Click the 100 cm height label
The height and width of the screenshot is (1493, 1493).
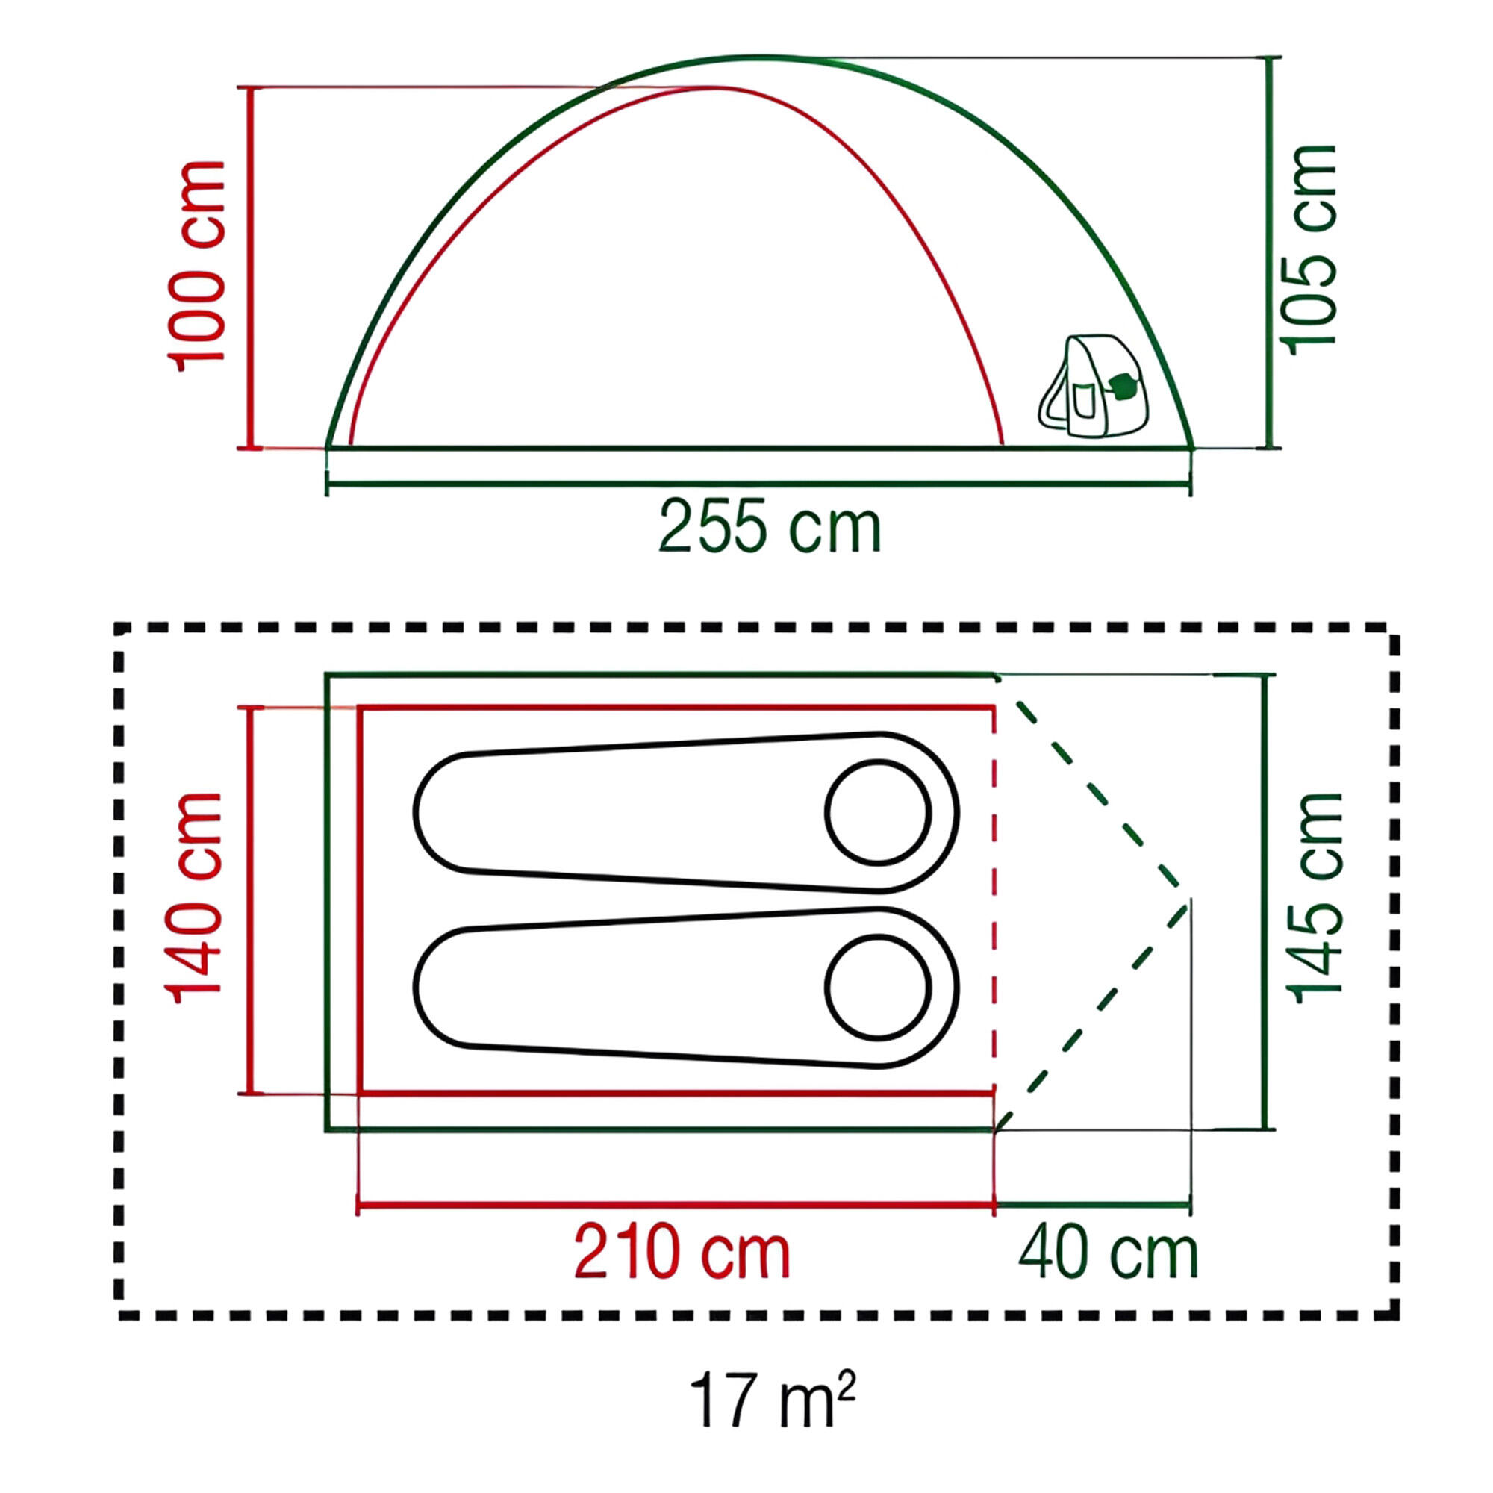pos(197,267)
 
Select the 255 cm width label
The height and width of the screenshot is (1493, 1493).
pos(770,527)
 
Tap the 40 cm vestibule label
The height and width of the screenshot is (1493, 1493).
pos(1108,1253)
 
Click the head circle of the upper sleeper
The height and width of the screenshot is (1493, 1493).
pos(878,812)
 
